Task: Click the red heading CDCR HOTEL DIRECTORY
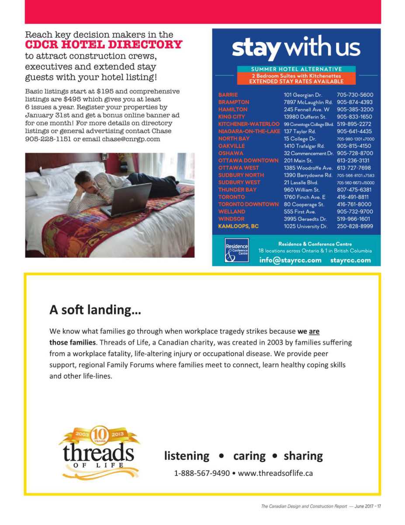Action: (104, 45)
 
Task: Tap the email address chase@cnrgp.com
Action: (131, 139)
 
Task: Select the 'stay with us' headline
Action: (296, 48)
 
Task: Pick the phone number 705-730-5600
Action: (355, 95)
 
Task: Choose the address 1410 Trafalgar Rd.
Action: (304, 146)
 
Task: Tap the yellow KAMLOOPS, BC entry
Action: (238, 227)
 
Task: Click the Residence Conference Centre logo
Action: (236, 250)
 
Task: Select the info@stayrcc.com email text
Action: (290, 260)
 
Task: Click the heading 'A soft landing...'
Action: (95, 310)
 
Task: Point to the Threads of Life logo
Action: (99, 452)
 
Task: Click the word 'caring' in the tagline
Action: (249, 456)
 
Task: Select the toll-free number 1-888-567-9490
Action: (202, 473)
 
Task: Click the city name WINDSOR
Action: (232, 219)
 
